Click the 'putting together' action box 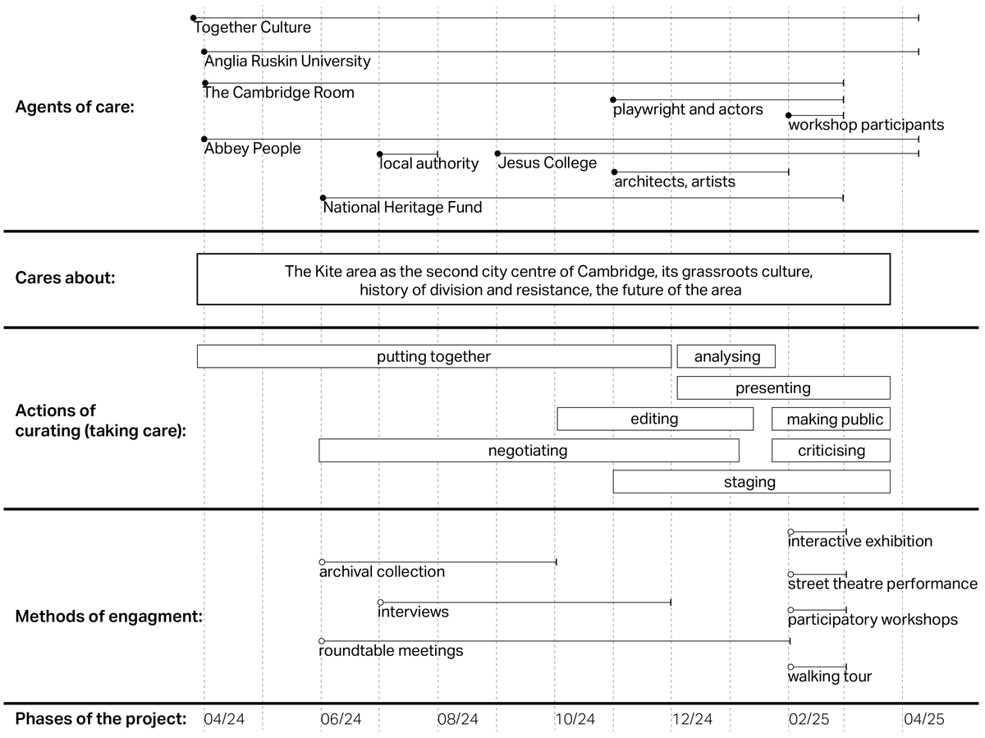click(x=433, y=356)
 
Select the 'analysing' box click(x=726, y=356)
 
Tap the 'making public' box click(x=831, y=419)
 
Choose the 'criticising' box click(x=831, y=451)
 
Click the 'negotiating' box click(x=528, y=451)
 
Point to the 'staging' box click(x=750, y=482)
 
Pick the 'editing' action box click(x=654, y=419)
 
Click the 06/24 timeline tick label click(x=341, y=719)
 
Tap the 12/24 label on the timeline click(x=692, y=719)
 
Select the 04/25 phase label click(x=923, y=719)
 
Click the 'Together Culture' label click(x=253, y=28)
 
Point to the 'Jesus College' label click(x=547, y=163)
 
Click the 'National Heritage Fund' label click(x=402, y=208)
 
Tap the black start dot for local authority click(x=380, y=154)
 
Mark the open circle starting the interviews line click(x=380, y=603)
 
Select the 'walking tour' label click(x=829, y=676)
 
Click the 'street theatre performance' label click(x=882, y=584)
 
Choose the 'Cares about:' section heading click(x=66, y=277)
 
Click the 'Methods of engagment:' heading click(x=109, y=616)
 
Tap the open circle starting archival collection click(x=322, y=562)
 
